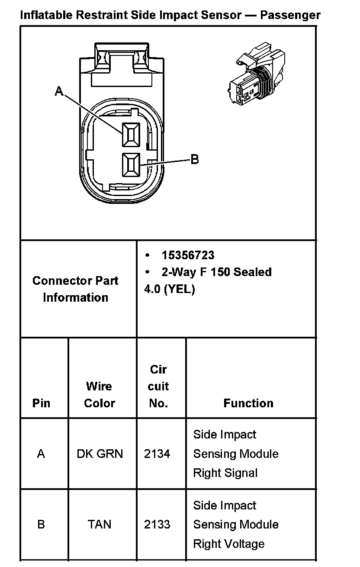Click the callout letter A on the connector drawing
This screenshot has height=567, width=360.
coord(59,91)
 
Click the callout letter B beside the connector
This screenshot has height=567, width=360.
coord(195,159)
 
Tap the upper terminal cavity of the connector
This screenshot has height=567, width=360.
coord(130,134)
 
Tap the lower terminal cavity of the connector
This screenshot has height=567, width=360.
coord(130,165)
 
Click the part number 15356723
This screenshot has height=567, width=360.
coord(188,255)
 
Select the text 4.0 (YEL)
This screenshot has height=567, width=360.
coord(170,289)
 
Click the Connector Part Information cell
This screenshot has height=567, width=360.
coord(75,289)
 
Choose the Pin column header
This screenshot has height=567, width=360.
coord(41,403)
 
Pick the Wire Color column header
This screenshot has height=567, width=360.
coord(100,394)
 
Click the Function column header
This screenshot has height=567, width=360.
coord(248,403)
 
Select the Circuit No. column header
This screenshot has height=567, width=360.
coord(158,386)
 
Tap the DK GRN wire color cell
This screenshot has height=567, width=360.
coord(100,454)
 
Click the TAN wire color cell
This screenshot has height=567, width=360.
coord(100,525)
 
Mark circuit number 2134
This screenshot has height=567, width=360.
coord(157,454)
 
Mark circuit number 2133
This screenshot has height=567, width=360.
coord(157,525)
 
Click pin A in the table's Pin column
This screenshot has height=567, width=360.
coord(41,454)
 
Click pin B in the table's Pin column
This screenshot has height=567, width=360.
coord(41,525)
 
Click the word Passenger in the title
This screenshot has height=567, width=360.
coord(290,15)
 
